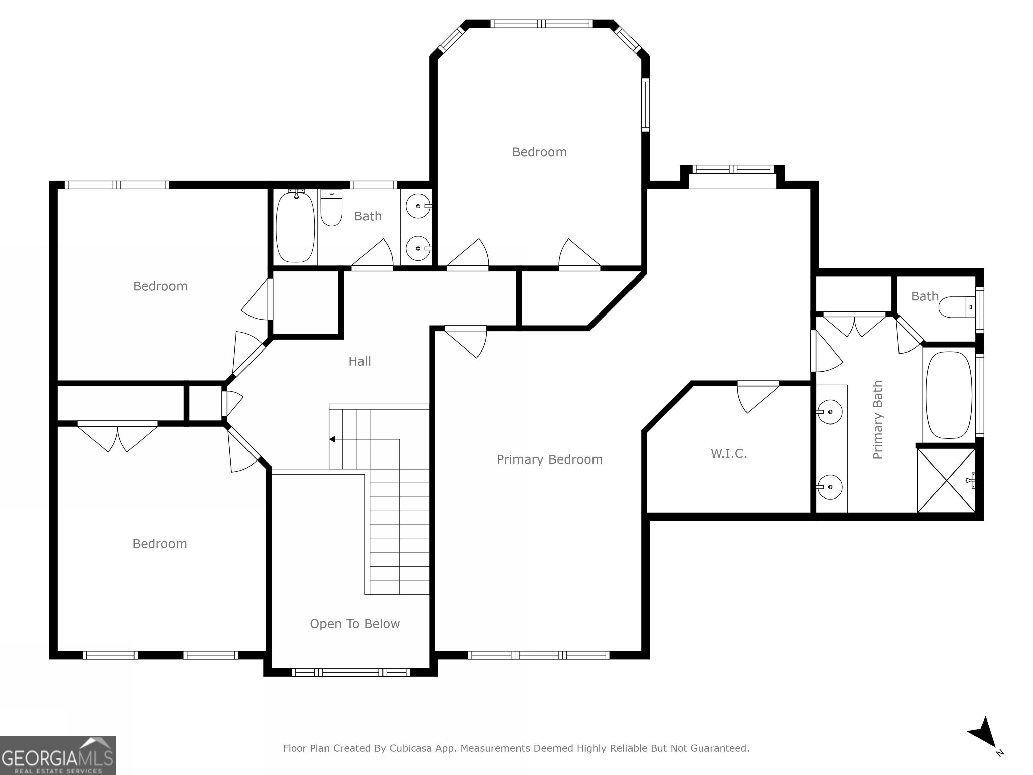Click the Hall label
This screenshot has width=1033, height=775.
click(x=359, y=361)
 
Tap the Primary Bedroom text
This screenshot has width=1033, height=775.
click(x=550, y=460)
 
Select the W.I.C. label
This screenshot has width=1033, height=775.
click(x=729, y=453)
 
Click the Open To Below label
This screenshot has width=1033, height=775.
click(x=355, y=624)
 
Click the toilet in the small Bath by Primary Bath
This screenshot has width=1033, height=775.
click(x=957, y=307)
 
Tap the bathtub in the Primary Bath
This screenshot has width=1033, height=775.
click(x=949, y=395)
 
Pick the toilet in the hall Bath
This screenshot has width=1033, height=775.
click(x=331, y=208)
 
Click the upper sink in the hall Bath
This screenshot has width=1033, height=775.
click(x=418, y=206)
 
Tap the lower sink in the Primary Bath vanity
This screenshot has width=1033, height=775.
click(x=830, y=487)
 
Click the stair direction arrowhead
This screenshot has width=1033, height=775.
click(x=332, y=439)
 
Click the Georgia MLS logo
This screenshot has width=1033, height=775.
click(x=58, y=755)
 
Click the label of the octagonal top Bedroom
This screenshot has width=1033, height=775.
click(x=539, y=152)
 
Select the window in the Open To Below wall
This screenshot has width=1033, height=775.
click(x=351, y=673)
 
